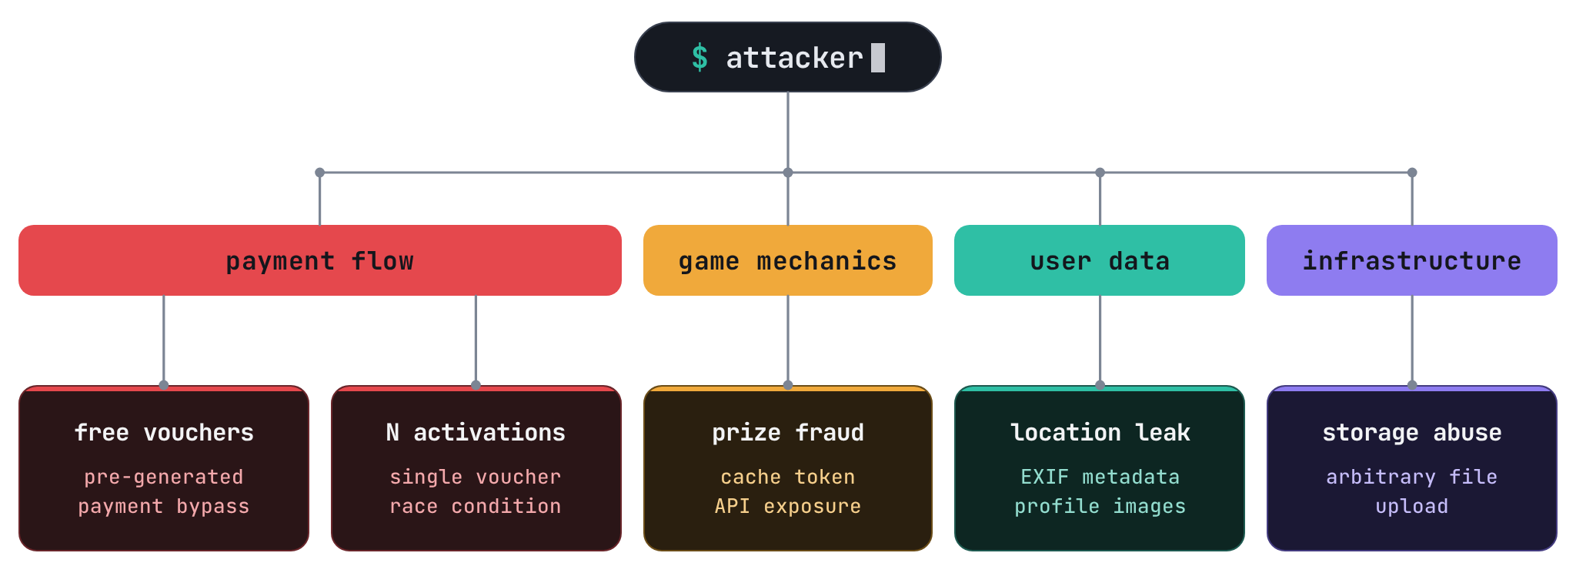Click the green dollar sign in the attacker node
tap(700, 58)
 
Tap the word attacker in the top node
tap(794, 58)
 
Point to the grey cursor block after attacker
tap(878, 58)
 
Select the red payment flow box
tap(320, 260)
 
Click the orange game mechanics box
tap(788, 260)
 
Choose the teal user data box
tap(1100, 260)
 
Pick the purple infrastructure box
tap(1412, 260)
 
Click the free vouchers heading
tap(164, 432)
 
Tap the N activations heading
tap(476, 432)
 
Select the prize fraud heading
tap(788, 432)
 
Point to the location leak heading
tap(1100, 432)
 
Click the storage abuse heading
tap(1412, 432)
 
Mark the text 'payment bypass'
tap(164, 506)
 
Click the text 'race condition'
tap(476, 506)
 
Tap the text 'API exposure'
tap(788, 506)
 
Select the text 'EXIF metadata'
tap(1100, 477)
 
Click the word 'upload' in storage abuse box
tap(1412, 506)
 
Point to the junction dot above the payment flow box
tap(320, 173)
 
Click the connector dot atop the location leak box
tap(1100, 385)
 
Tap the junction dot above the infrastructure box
tap(1412, 173)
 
